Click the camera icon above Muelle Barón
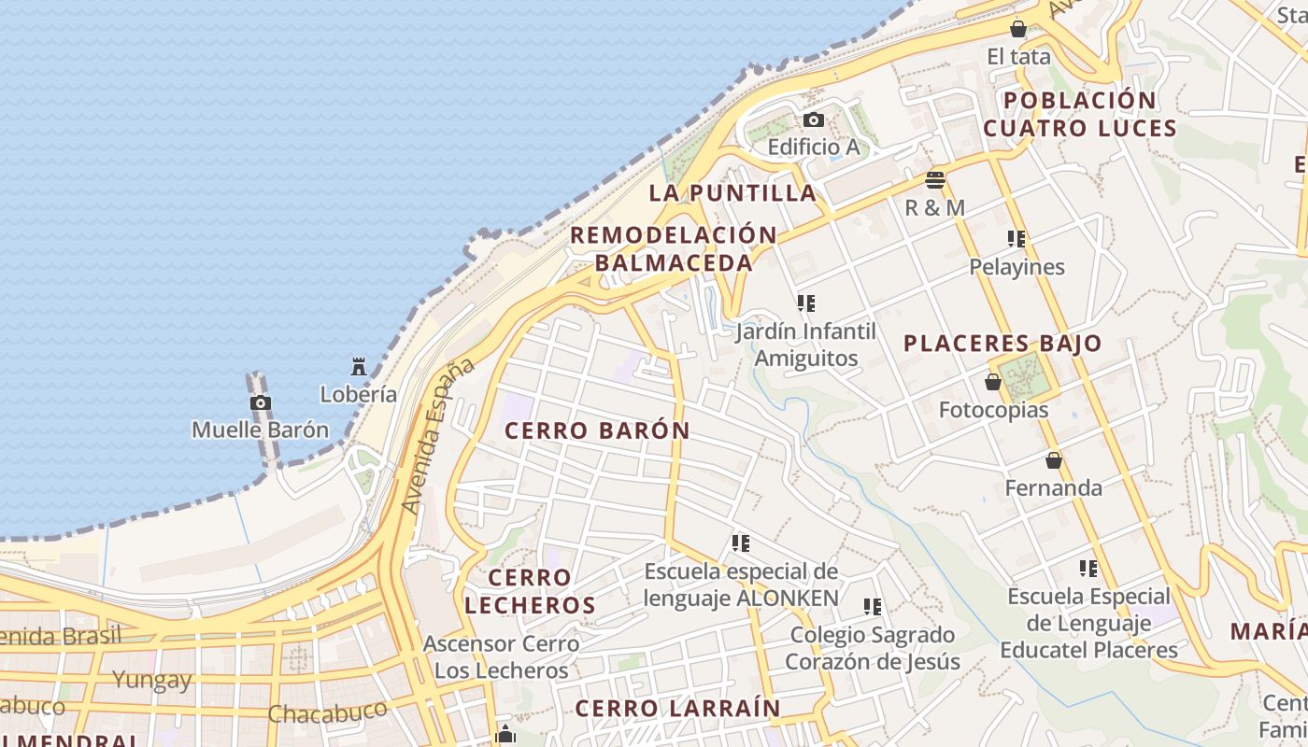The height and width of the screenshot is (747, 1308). pyautogui.click(x=261, y=402)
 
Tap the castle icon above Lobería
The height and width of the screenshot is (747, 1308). pyautogui.click(x=359, y=366)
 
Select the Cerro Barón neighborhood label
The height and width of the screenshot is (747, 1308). pyautogui.click(x=597, y=430)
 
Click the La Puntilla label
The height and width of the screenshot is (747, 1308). pyautogui.click(x=732, y=193)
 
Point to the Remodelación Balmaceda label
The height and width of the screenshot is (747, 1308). pyautogui.click(x=674, y=248)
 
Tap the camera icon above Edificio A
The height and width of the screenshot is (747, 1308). pyautogui.click(x=813, y=120)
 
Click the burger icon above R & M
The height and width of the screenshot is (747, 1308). pyautogui.click(x=934, y=179)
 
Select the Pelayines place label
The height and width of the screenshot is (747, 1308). pyautogui.click(x=1017, y=267)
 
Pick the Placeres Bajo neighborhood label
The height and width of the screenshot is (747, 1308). pyautogui.click(x=1002, y=344)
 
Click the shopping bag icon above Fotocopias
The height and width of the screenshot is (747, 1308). pyautogui.click(x=993, y=382)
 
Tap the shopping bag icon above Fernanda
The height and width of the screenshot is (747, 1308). pyautogui.click(x=1053, y=460)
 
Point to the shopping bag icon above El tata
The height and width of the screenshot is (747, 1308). pyautogui.click(x=1018, y=29)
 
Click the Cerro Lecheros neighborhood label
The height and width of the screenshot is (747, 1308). pyautogui.click(x=530, y=591)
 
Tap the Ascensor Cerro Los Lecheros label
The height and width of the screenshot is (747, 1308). pyautogui.click(x=501, y=656)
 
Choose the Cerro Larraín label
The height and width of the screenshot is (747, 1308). pyautogui.click(x=677, y=708)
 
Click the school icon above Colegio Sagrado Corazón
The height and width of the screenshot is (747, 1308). pyautogui.click(x=873, y=607)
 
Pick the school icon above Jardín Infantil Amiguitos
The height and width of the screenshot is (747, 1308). pyautogui.click(x=805, y=303)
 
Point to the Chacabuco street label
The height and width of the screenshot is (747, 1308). pyautogui.click(x=327, y=712)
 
